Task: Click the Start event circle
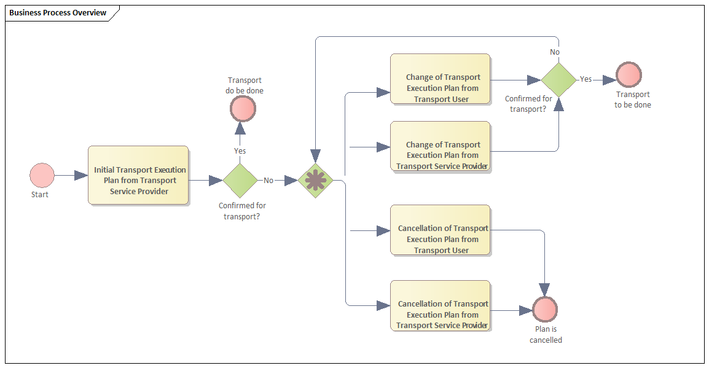(x=42, y=175)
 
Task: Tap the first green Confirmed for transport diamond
(x=240, y=180)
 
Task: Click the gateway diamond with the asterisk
(x=315, y=180)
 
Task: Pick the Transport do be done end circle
(x=243, y=109)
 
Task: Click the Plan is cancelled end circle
(x=545, y=309)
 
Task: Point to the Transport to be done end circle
(x=629, y=74)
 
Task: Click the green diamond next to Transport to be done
(x=558, y=79)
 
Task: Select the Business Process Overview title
(x=58, y=13)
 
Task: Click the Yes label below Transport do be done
(x=240, y=151)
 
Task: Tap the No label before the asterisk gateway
(x=268, y=181)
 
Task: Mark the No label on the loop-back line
(x=555, y=52)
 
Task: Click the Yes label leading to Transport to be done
(x=586, y=79)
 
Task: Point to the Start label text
(x=40, y=195)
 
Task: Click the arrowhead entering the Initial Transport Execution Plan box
(x=81, y=176)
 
